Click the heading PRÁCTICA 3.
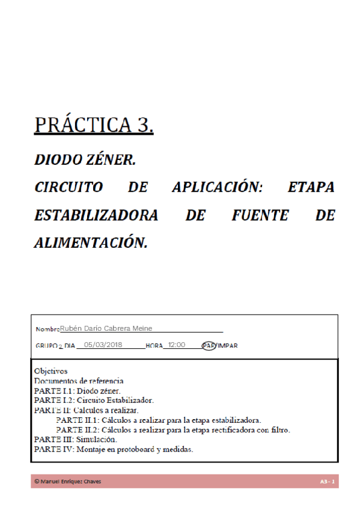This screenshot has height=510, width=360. point(94,124)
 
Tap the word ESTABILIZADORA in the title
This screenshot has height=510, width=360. point(96,215)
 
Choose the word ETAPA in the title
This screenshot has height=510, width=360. point(311,188)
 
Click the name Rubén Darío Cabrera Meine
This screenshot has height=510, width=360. point(106,328)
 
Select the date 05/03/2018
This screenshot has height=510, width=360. point(103,345)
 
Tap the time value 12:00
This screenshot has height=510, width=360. point(177,345)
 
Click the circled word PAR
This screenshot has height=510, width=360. point(208,346)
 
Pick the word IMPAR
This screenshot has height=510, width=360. point(227,346)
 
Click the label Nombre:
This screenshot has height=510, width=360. point(47,329)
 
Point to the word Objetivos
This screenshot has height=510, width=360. point(50,371)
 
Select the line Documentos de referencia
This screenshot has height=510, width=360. point(79,381)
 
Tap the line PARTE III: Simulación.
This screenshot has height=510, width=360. point(75,440)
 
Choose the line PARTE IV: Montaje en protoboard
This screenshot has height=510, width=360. point(114,449)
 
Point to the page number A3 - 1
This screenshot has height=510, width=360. point(327,482)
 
